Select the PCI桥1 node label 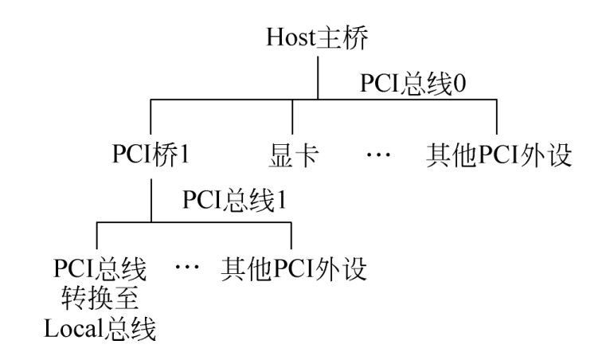point(151,153)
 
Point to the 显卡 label point(292,153)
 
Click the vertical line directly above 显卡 point(292,117)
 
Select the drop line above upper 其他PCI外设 point(497,117)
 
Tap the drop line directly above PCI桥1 point(151,117)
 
